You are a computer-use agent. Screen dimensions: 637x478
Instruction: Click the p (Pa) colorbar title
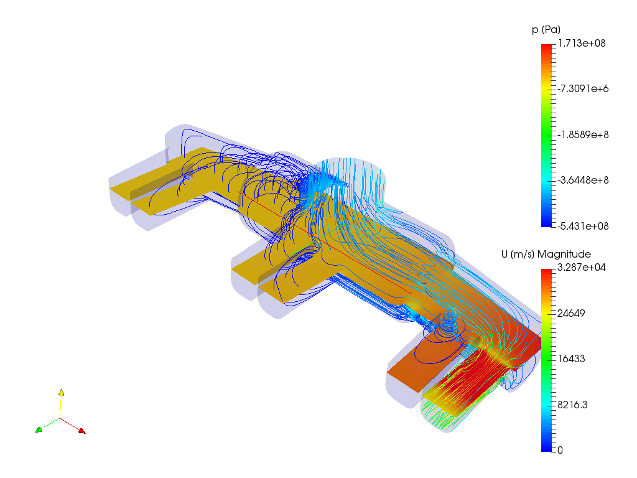[x=546, y=30]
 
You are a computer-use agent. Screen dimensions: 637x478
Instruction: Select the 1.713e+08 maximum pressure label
[x=582, y=44]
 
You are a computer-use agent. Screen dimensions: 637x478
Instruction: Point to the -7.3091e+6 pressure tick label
[x=583, y=88]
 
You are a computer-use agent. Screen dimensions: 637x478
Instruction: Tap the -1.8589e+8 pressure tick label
[x=583, y=134]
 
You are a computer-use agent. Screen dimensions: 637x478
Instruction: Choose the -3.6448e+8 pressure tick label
[x=583, y=180]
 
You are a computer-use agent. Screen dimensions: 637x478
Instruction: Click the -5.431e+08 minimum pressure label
[x=583, y=226]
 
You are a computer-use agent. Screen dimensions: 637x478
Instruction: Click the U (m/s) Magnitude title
[x=546, y=255]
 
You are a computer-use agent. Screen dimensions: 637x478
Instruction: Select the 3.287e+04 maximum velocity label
[x=582, y=268]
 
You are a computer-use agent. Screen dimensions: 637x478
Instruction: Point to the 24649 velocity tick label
[x=571, y=313]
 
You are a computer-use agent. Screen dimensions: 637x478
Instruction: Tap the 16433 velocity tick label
[x=571, y=358]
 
